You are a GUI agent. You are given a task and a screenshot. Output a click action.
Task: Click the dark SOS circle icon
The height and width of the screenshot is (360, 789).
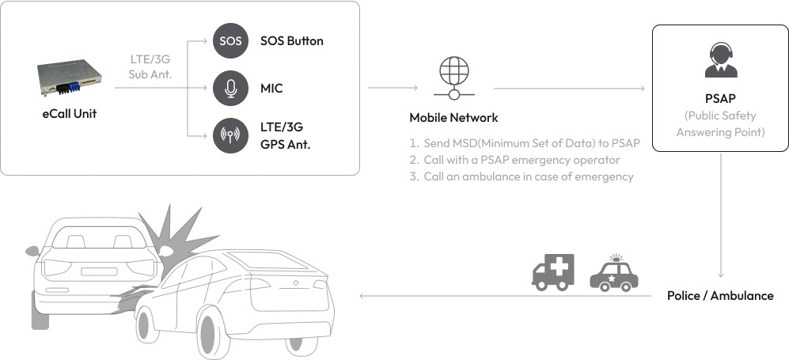pyautogui.click(x=230, y=41)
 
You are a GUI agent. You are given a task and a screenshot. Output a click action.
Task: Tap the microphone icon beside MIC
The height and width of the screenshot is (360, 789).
pyautogui.click(x=230, y=88)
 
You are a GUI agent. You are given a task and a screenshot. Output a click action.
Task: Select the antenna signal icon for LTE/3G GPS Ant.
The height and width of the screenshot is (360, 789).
pyautogui.click(x=230, y=135)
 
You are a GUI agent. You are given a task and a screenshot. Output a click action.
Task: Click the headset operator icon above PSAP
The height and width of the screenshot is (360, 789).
pyautogui.click(x=720, y=60)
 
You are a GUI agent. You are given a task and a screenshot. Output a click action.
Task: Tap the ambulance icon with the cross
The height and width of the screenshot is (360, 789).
pyautogui.click(x=552, y=272)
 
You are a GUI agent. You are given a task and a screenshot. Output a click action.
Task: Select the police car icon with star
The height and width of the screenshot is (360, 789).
pyautogui.click(x=613, y=274)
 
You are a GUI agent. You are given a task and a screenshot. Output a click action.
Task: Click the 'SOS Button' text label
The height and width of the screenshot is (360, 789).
pyautogui.click(x=292, y=41)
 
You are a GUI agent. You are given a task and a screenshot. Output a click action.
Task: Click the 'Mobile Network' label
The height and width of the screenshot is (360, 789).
pyautogui.click(x=453, y=118)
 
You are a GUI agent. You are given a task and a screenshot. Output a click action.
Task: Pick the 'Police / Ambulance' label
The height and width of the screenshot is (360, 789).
pyautogui.click(x=719, y=296)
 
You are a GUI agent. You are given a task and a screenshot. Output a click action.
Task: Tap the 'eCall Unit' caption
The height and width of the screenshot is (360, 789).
pyautogui.click(x=70, y=114)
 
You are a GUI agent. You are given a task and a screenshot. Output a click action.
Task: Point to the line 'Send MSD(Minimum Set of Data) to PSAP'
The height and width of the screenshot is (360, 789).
pyautogui.click(x=524, y=143)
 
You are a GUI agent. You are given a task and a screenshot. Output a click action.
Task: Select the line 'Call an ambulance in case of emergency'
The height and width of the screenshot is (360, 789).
pyautogui.click(x=522, y=176)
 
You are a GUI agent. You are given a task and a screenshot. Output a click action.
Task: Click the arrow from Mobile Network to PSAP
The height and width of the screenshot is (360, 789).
pyautogui.click(x=570, y=88)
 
